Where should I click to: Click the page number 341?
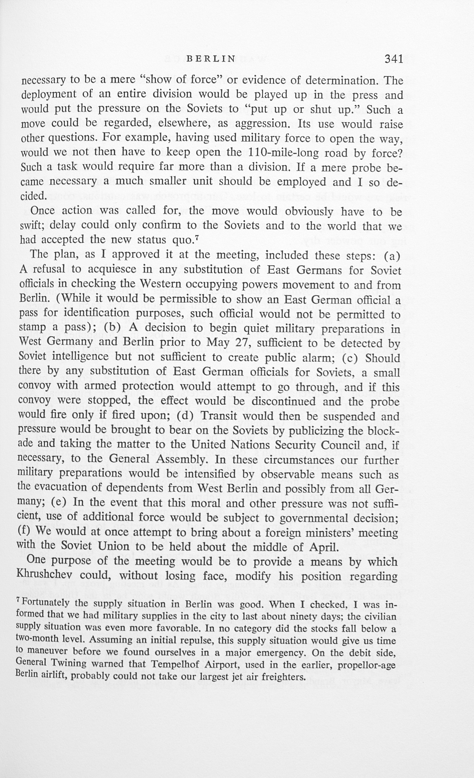[x=394, y=59]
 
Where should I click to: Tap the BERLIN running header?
[x=211, y=59]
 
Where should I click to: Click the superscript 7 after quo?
[x=196, y=238]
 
